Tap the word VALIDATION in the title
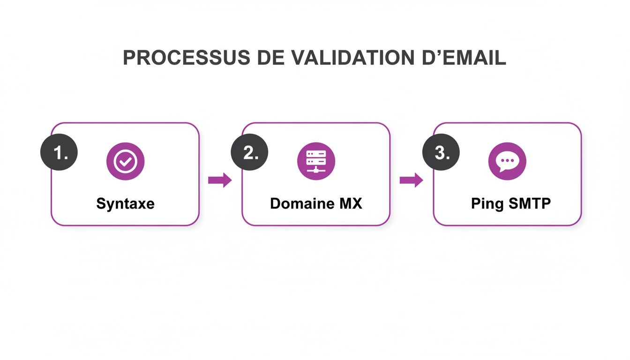coord(351,58)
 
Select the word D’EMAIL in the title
coord(461,58)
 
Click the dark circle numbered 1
coord(59,153)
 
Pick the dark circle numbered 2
coord(250,153)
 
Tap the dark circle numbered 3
coord(441,153)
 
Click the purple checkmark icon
coord(125,162)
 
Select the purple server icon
coord(316,162)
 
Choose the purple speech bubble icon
coord(507,162)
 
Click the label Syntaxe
coord(125,204)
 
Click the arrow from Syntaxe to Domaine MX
coord(220,180)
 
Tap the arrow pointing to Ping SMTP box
coord(411,180)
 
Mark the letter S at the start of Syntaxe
coord(100,204)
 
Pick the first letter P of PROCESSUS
coord(128,58)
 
